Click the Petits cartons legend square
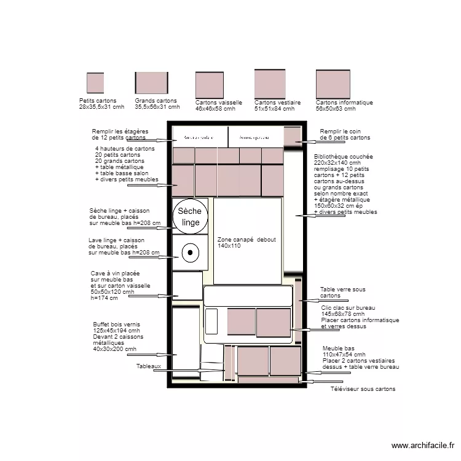click(95, 83)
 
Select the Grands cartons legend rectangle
click(152, 82)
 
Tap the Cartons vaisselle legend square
click(210, 85)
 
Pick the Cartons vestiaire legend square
click(270, 84)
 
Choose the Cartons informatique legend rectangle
click(333, 84)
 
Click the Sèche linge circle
click(191, 216)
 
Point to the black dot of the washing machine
click(191, 252)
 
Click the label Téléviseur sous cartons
click(363, 389)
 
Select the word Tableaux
click(149, 366)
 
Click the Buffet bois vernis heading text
click(117, 324)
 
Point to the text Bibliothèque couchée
click(343, 157)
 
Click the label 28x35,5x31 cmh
click(101, 107)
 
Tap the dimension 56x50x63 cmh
click(336, 109)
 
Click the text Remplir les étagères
click(120, 132)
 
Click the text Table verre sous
click(343, 289)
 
